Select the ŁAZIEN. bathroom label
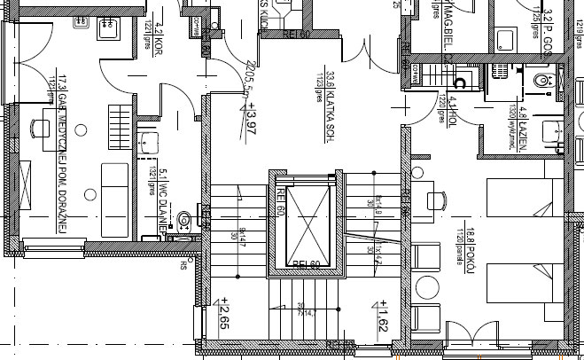point(525,126)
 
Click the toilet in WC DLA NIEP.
point(183,219)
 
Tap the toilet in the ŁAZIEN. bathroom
point(544,79)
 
